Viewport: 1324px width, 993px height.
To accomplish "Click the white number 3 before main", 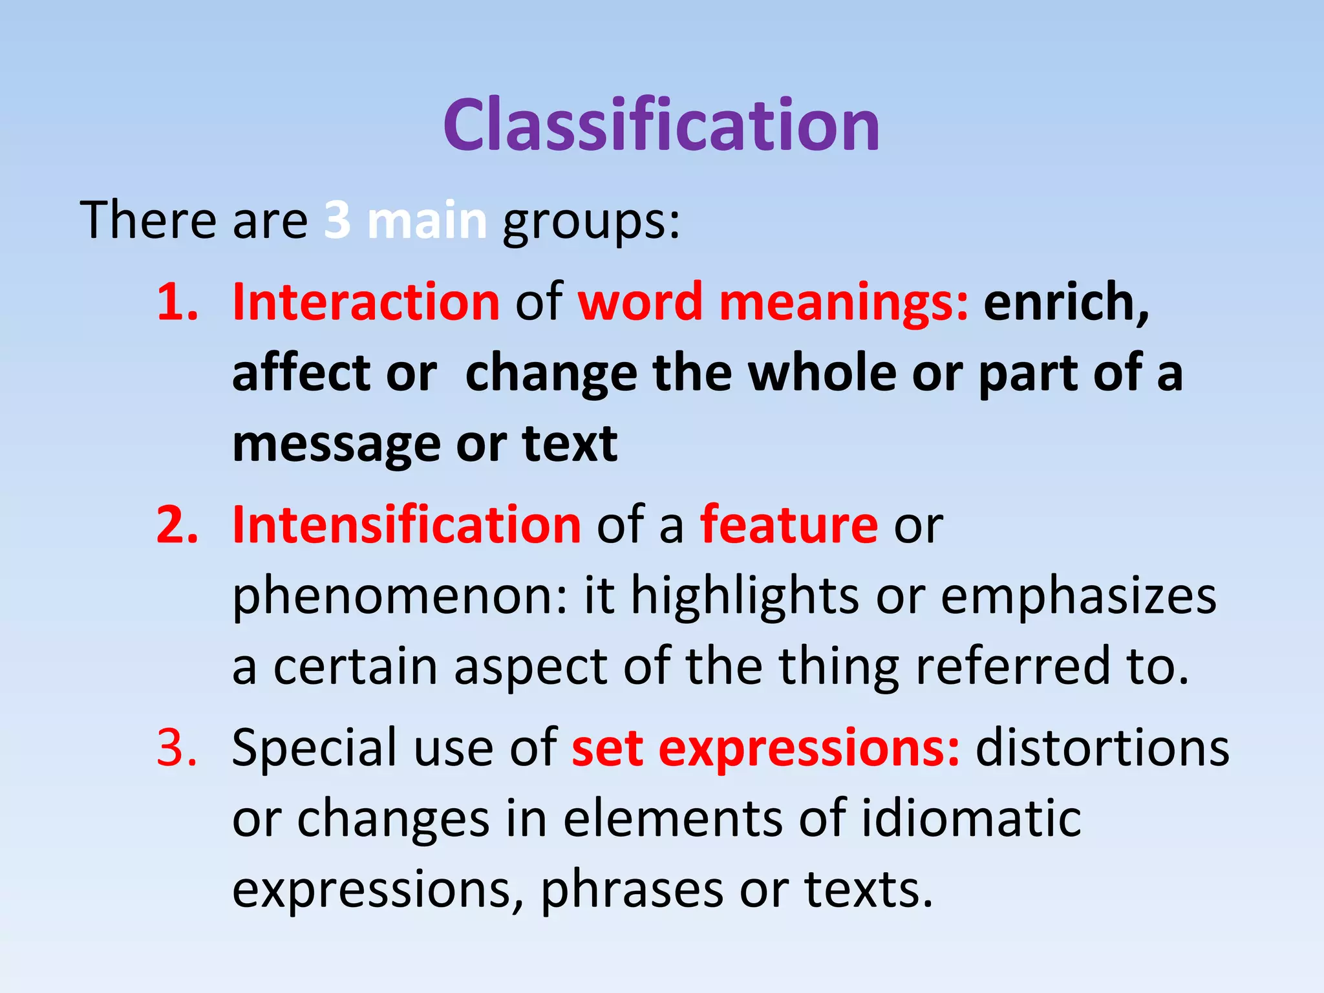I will [x=337, y=220].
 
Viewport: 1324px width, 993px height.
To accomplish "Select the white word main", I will [x=427, y=220].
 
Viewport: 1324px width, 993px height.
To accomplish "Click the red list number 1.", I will [x=176, y=302].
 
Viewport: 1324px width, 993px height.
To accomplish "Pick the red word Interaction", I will [x=366, y=302].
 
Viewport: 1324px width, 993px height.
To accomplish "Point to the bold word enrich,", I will [x=1067, y=302].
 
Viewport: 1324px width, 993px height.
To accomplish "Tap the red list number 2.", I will [x=176, y=525].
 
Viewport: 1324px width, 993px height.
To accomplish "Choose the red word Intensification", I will [x=407, y=525].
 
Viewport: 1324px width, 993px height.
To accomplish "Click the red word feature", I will [x=789, y=525].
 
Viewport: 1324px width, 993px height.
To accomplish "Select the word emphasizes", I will [x=1078, y=596].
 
